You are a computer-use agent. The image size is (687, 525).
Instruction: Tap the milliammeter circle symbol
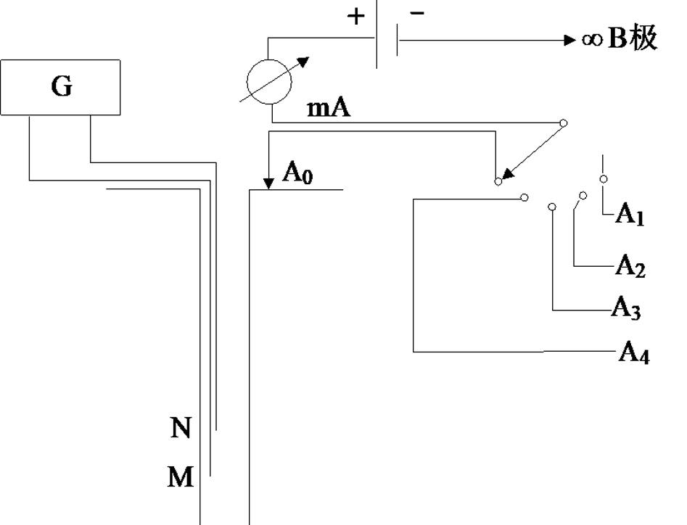[269, 60]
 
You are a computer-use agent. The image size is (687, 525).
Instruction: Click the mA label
[329, 108]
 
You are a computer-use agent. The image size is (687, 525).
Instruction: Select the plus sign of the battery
[355, 17]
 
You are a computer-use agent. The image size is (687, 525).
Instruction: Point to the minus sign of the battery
[417, 14]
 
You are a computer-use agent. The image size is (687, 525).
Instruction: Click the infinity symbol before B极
[593, 40]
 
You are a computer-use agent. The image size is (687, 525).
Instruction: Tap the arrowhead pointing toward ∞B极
[570, 41]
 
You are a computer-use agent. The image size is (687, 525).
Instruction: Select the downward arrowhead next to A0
[268, 184]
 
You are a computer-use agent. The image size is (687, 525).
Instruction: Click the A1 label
[630, 215]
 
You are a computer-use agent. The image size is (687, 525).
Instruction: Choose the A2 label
[630, 266]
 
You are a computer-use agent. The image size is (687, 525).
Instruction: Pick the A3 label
[625, 307]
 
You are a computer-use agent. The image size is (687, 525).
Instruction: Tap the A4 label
[634, 352]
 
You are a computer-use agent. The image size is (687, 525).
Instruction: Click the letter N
[181, 428]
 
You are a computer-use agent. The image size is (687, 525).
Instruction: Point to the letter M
[181, 477]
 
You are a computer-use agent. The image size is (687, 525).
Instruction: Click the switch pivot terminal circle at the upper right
[564, 123]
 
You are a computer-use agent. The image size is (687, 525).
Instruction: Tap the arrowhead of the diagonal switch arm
[507, 173]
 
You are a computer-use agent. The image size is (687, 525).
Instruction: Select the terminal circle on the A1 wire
[604, 178]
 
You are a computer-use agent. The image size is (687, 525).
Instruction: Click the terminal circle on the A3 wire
[552, 206]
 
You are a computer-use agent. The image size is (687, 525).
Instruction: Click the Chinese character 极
[643, 38]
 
